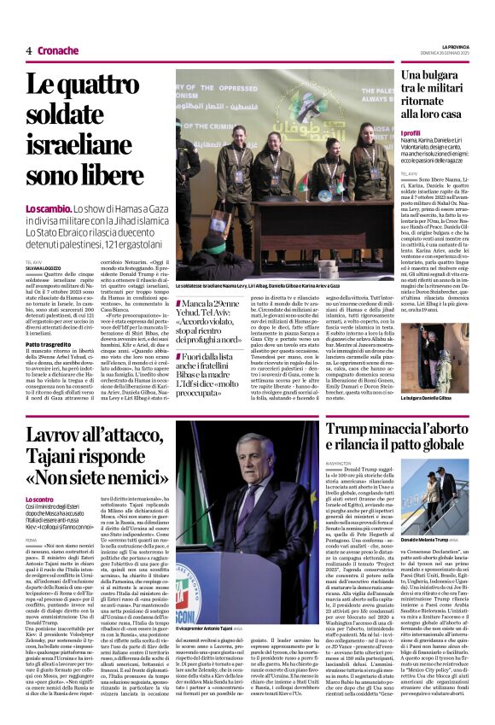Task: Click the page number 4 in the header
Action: coord(28,50)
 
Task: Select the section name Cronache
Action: coord(57,50)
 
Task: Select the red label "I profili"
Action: coord(411,133)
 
